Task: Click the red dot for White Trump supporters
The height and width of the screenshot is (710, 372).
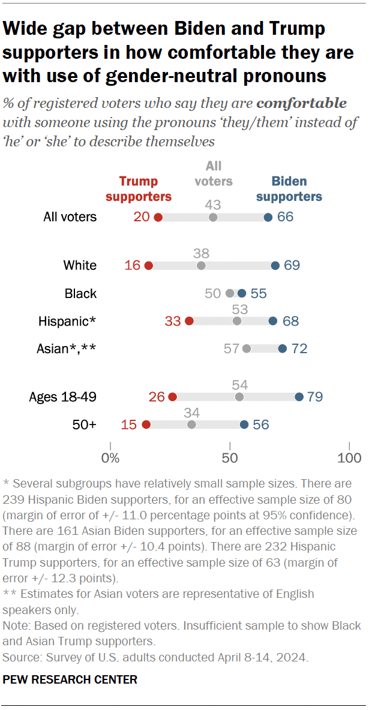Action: point(149,266)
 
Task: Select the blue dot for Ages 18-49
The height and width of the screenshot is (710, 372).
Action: point(299,396)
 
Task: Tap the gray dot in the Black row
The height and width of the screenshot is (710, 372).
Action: point(230,293)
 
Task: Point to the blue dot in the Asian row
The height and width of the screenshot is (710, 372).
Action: point(283,348)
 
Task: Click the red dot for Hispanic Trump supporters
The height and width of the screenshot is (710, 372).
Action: point(190,321)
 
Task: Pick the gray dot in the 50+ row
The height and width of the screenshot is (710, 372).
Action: point(191,425)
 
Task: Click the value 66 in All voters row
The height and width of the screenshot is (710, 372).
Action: point(285,217)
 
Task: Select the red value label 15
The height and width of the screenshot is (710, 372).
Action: point(130,425)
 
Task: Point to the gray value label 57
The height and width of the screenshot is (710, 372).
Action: point(232,348)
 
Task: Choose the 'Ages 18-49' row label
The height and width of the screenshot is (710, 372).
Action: point(62,396)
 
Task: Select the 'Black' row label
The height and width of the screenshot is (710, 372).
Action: point(80,293)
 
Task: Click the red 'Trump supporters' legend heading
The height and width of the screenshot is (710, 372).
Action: point(145,189)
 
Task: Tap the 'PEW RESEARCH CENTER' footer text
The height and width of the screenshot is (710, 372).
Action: point(70,679)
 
